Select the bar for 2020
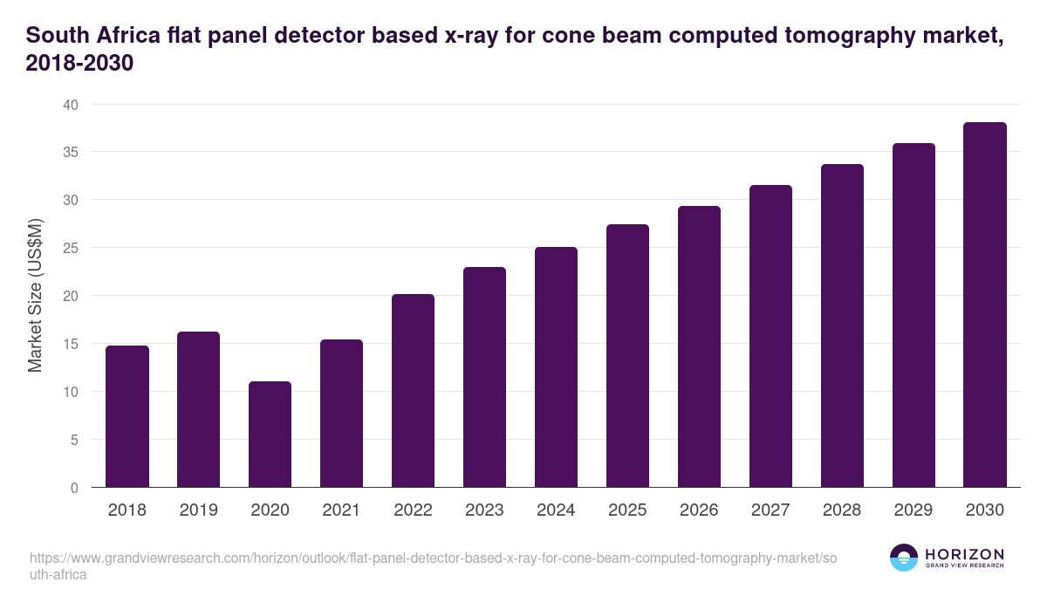click(270, 435)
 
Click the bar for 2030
click(984, 305)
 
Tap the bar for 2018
click(127, 417)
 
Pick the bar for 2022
click(413, 391)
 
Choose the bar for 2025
click(627, 356)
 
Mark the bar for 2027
click(770, 337)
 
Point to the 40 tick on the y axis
click(70, 105)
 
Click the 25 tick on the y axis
click(70, 248)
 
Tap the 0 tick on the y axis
click(74, 488)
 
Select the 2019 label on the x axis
click(199, 510)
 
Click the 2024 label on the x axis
click(556, 510)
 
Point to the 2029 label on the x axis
click(914, 510)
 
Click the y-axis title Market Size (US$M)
click(35, 296)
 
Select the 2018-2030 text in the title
click(79, 64)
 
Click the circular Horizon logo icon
click(903, 558)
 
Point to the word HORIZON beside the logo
click(964, 554)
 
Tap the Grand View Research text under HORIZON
click(964, 566)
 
